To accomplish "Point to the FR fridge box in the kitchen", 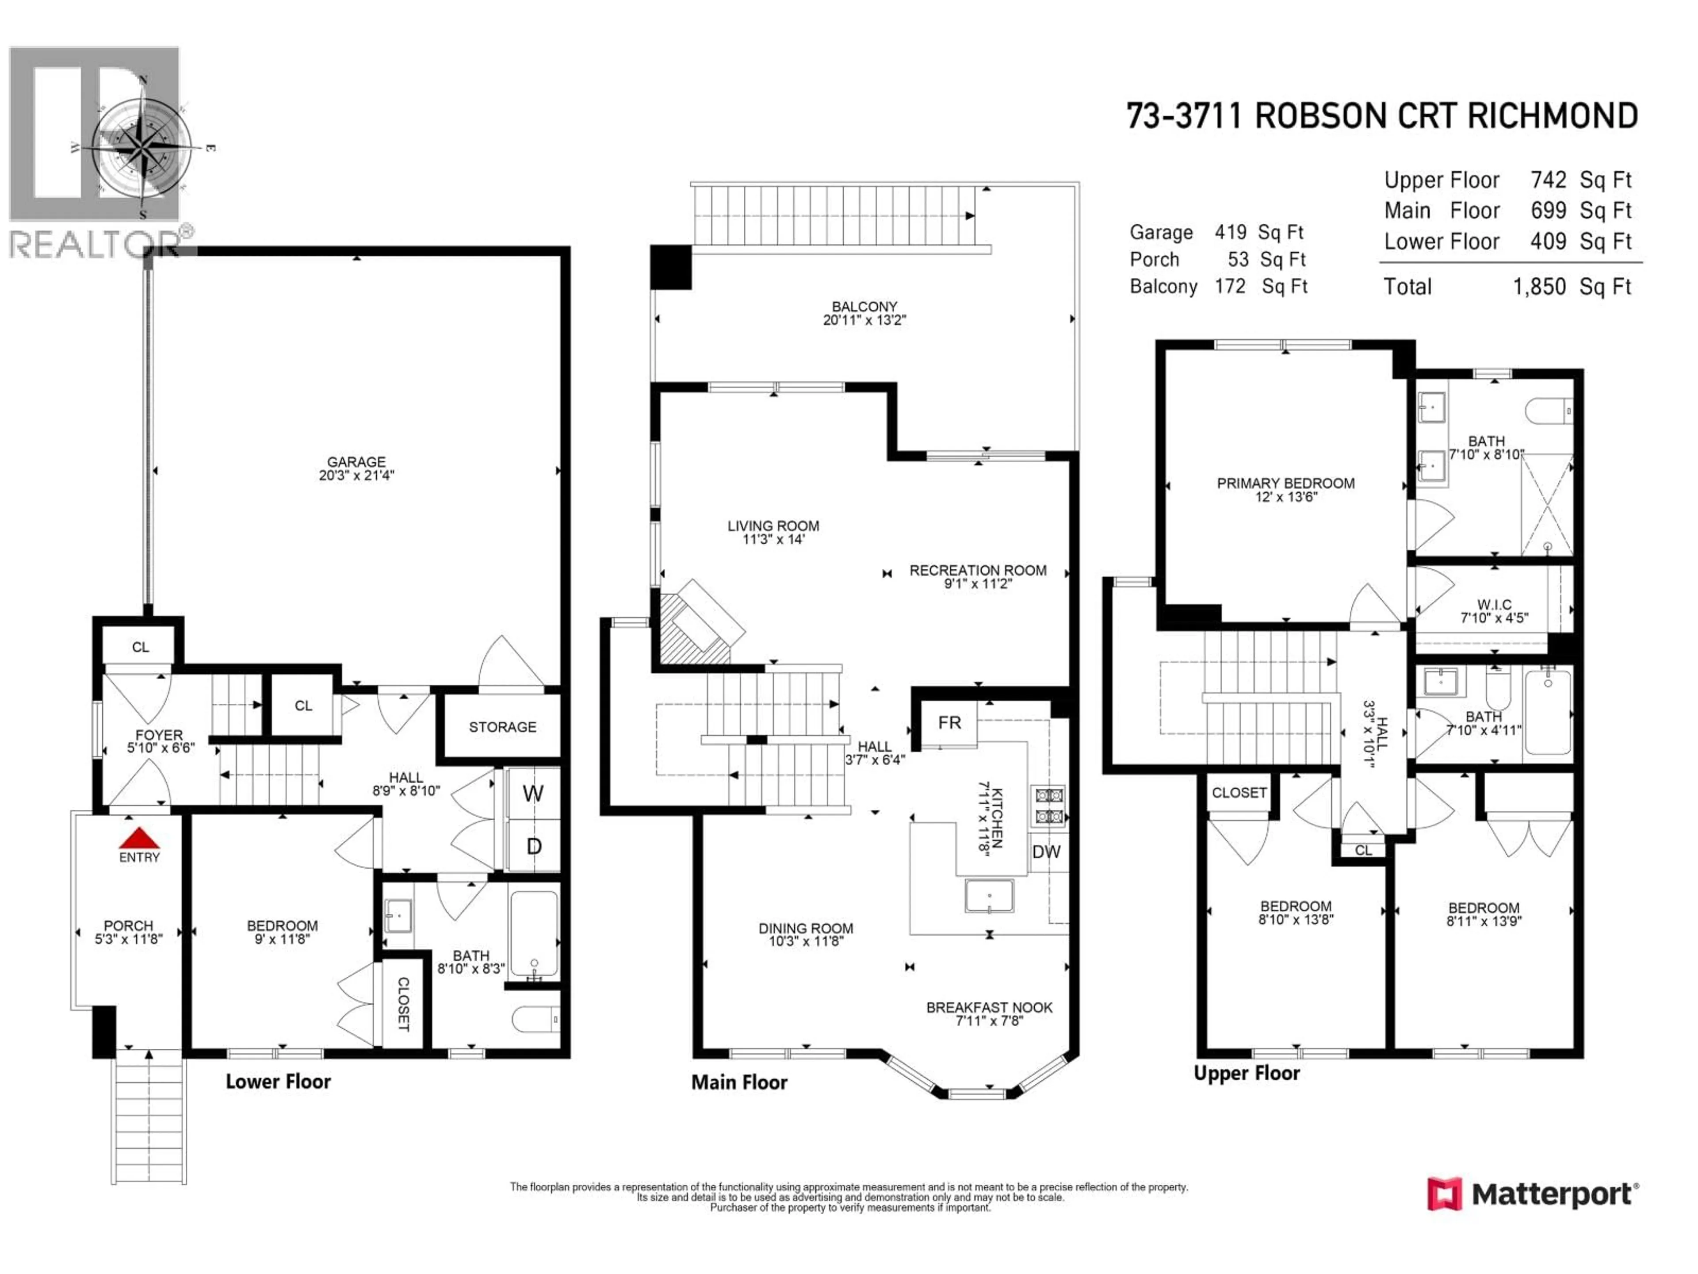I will pyautogui.click(x=949, y=723).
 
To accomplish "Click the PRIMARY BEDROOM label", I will pyautogui.click(x=1286, y=483).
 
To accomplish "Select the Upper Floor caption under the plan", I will pyautogui.click(x=1247, y=1073).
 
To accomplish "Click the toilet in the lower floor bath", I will pyautogui.click(x=535, y=1019).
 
